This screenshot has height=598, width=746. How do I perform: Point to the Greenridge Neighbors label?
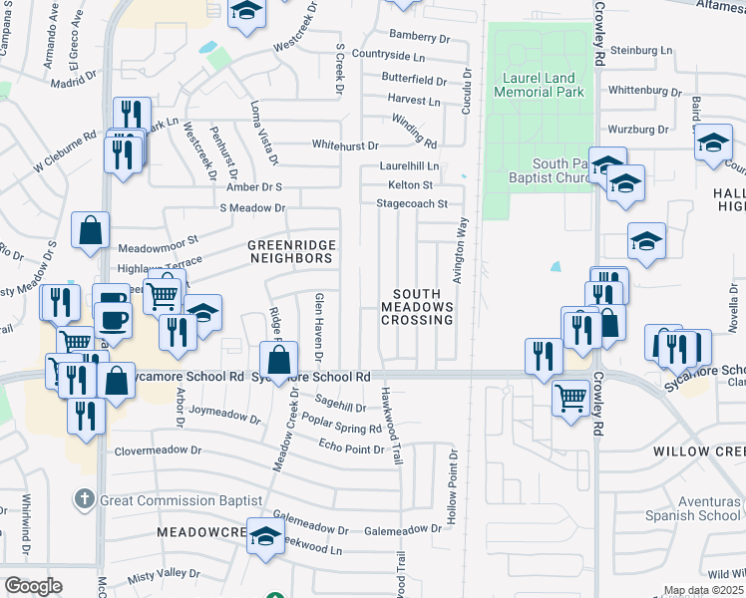pyautogui.click(x=290, y=251)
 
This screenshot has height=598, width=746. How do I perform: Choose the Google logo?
pyautogui.click(x=33, y=585)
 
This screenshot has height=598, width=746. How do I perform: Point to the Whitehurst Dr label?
pyautogui.click(x=345, y=145)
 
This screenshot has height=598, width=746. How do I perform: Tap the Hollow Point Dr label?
pyautogui.click(x=452, y=488)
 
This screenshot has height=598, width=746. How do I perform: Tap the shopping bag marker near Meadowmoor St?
pyautogui.click(x=91, y=230)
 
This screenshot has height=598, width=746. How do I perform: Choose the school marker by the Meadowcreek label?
pyautogui.click(x=265, y=537)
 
